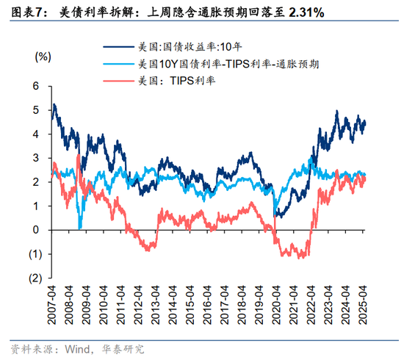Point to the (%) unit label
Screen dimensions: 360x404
(42, 56)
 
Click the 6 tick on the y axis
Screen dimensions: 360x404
(35, 86)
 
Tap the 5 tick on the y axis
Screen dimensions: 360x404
(35, 110)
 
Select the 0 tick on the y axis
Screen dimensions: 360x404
(35, 230)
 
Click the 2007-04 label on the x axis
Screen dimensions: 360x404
(52, 303)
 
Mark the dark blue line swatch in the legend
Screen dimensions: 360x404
(118, 46)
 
